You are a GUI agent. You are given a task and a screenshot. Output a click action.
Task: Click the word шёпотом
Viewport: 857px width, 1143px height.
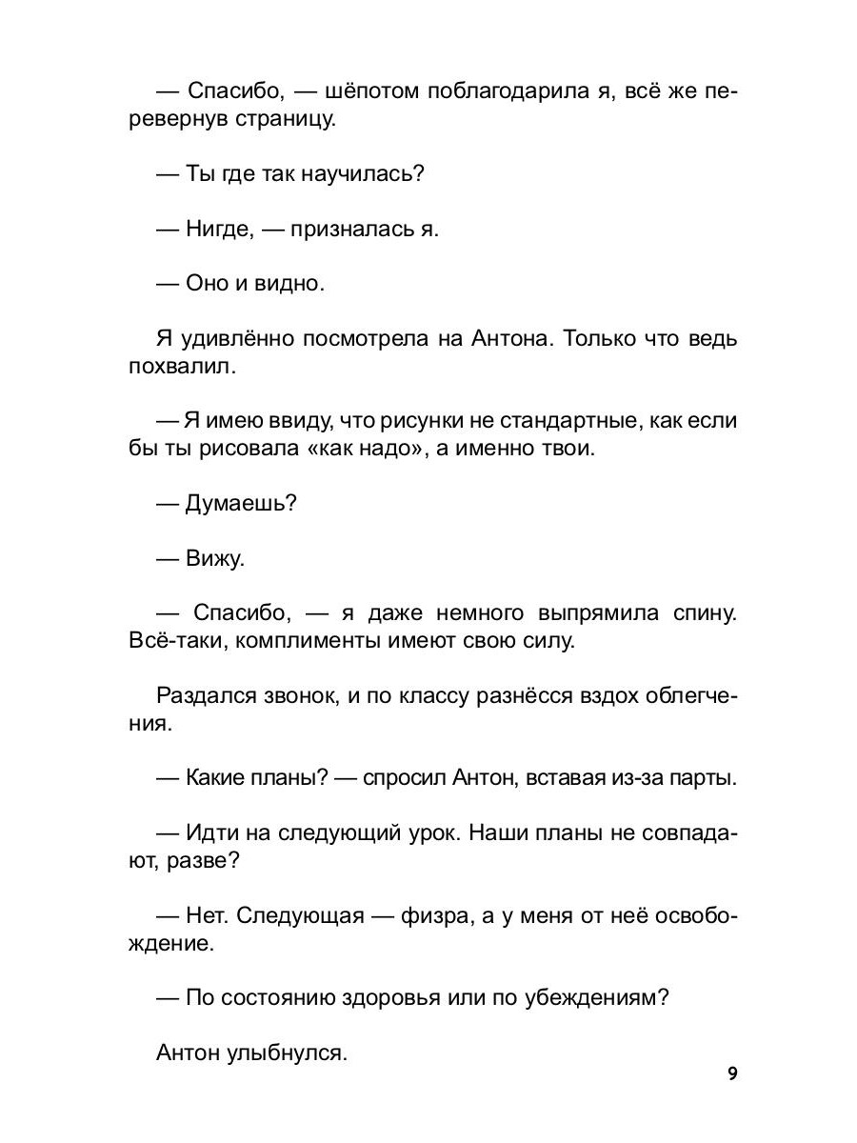pyautogui.click(x=349, y=92)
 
